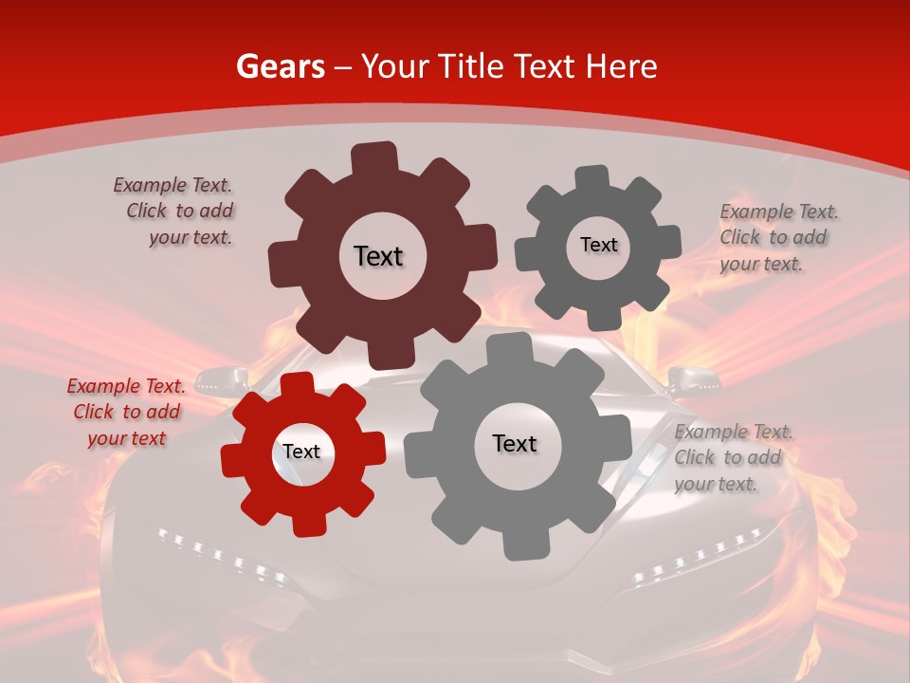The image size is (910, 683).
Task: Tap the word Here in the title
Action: pos(621,66)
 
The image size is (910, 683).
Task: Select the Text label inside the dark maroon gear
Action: pos(378,256)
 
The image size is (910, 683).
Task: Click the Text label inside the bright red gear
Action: pos(301,452)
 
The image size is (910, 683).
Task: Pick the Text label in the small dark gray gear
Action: pos(598,245)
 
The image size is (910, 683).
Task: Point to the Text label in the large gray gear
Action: pos(515,443)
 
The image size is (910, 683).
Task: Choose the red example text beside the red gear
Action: pos(125,412)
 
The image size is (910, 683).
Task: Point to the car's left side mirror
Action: pos(220,381)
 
